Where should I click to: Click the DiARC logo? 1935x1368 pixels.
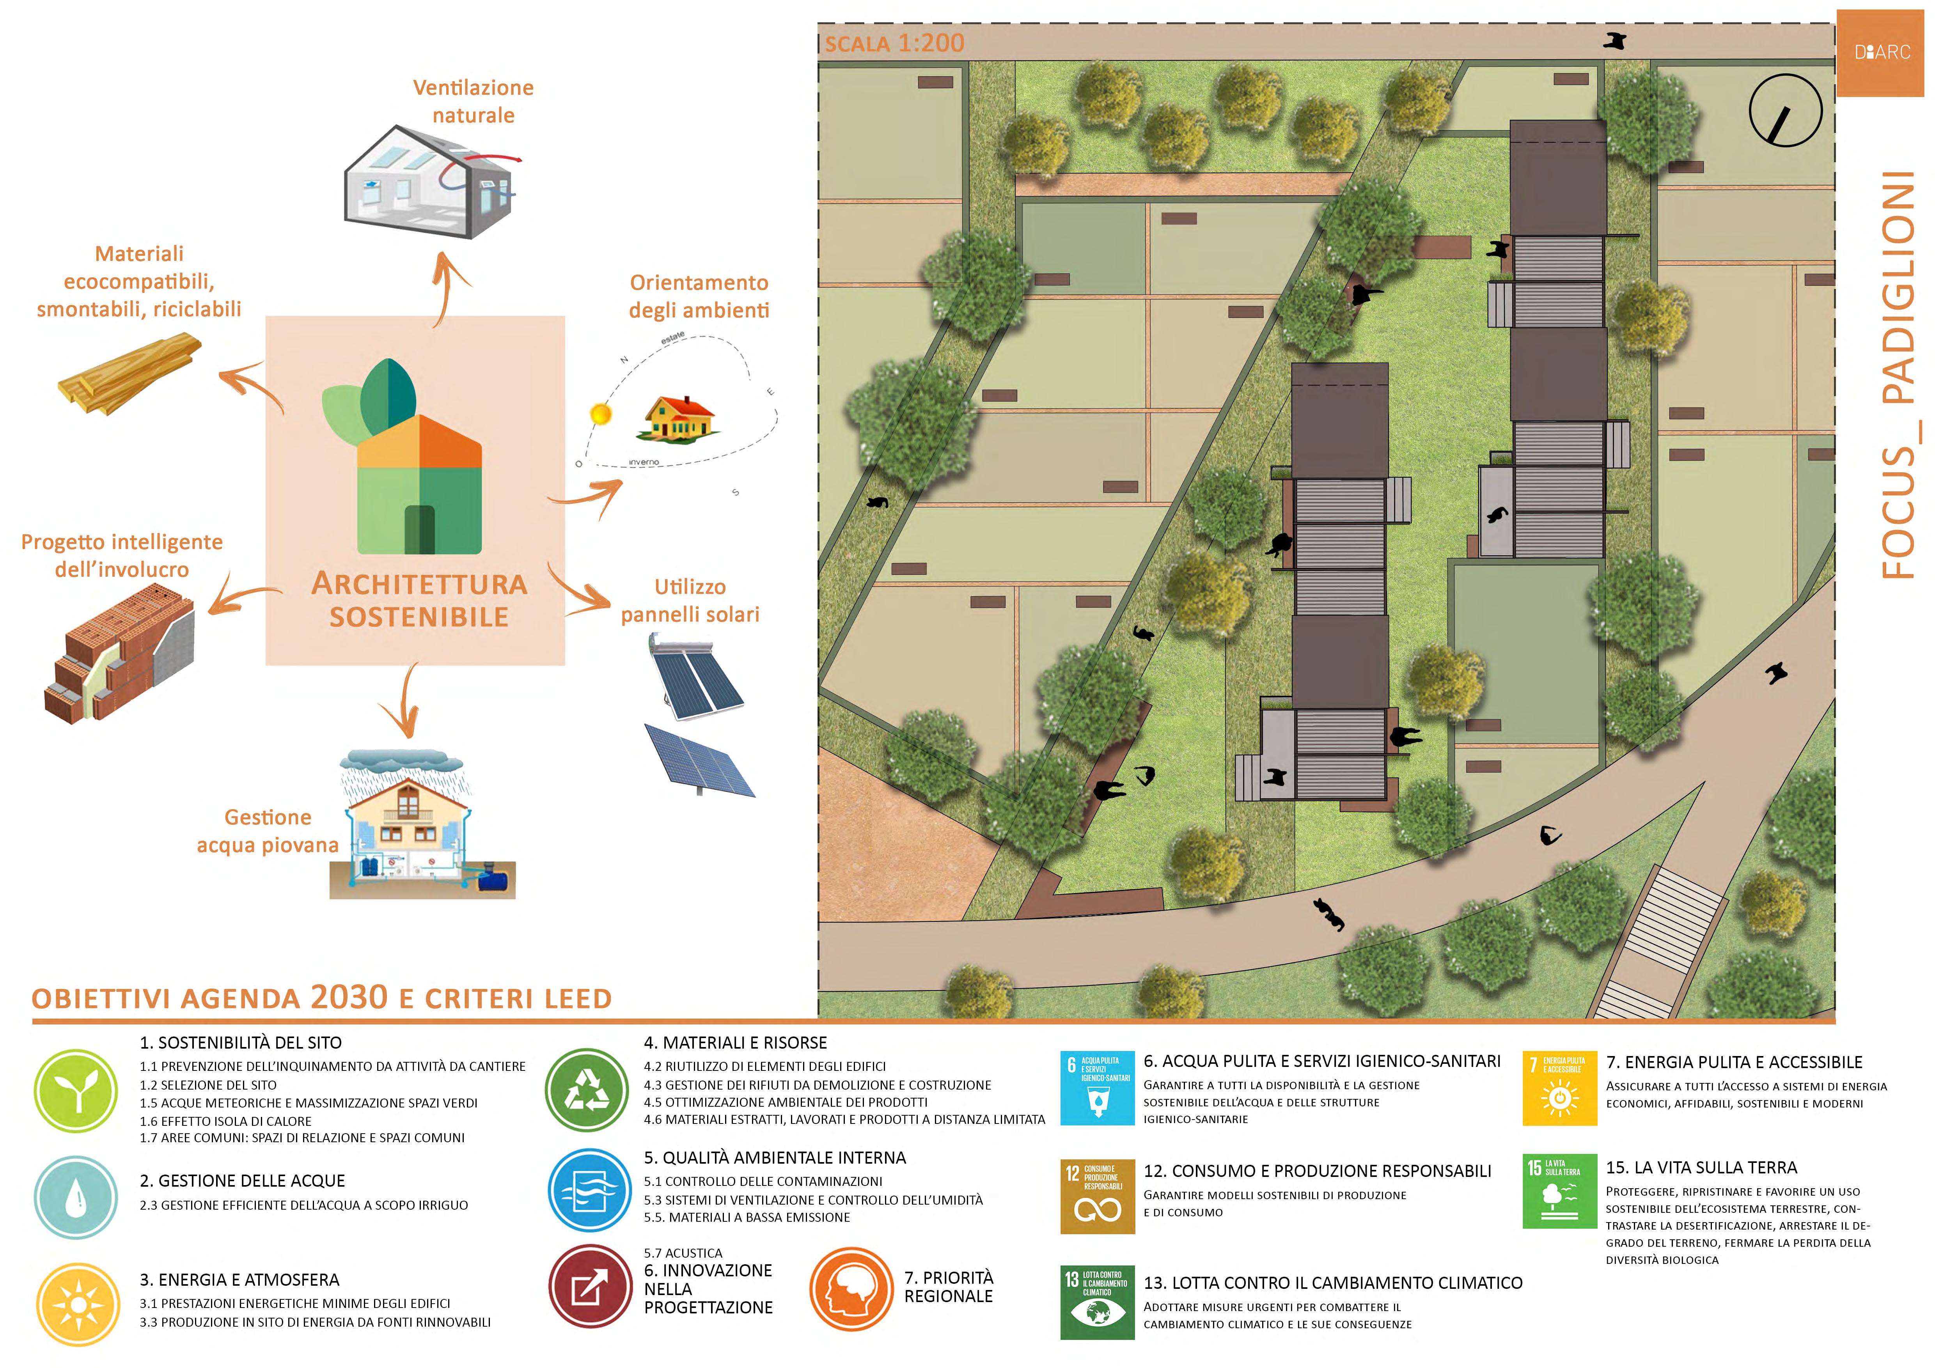[x=1882, y=52]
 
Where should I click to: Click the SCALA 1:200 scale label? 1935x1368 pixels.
[x=894, y=43]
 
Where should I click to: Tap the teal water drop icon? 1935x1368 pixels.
[x=77, y=1196]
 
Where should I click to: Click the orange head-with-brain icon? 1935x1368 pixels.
[x=851, y=1289]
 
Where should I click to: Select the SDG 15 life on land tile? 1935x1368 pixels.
[x=1559, y=1190]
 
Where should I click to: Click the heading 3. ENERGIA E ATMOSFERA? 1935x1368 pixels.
[x=239, y=1279]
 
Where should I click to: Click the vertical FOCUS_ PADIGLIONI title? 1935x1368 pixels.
[x=1897, y=375]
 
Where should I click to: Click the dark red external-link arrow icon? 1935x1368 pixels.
[x=590, y=1287]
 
